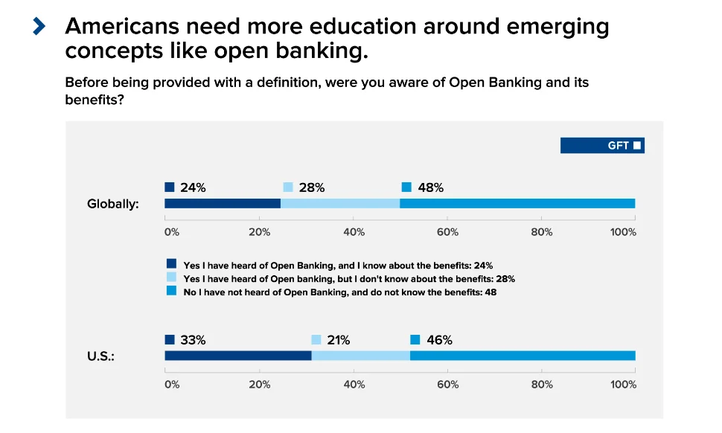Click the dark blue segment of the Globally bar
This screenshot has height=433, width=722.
coord(222,204)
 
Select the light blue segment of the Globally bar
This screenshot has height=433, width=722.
coord(339,204)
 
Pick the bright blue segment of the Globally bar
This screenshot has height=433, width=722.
coord(517,204)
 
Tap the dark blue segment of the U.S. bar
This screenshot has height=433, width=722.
coord(237,356)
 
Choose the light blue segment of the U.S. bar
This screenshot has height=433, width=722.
coord(360,356)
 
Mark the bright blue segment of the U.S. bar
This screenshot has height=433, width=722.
coord(522,356)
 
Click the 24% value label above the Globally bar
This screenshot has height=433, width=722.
coord(193,187)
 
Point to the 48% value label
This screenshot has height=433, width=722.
coord(430,187)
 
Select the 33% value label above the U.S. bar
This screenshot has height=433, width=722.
coord(193,340)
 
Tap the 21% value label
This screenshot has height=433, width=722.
coord(337,340)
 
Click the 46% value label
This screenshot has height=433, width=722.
coord(439,340)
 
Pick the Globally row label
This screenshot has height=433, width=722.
coord(113,204)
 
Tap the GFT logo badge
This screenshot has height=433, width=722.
coord(602,145)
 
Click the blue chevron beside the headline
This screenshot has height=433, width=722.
coord(39,27)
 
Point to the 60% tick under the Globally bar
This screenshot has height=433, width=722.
coord(447,232)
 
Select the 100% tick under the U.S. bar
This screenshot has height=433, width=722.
coord(623,385)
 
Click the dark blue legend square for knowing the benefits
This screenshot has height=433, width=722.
coord(171,263)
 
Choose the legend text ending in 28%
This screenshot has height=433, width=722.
coord(349,278)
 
